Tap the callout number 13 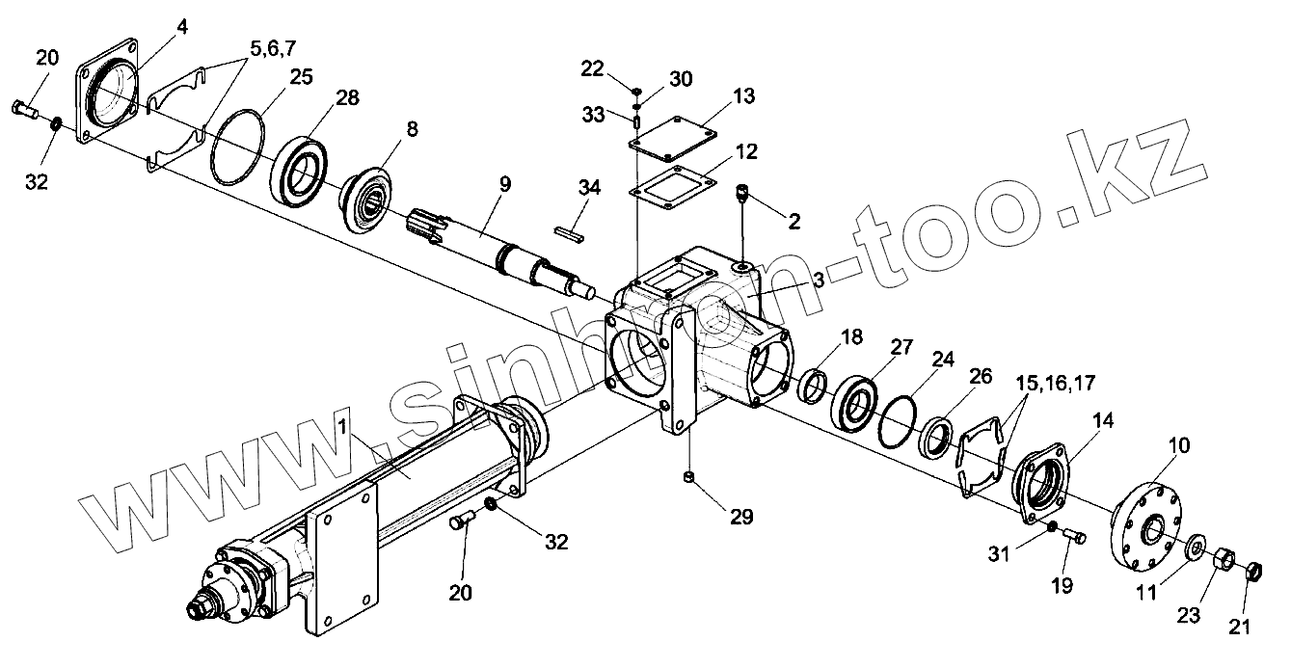[x=742, y=96]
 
